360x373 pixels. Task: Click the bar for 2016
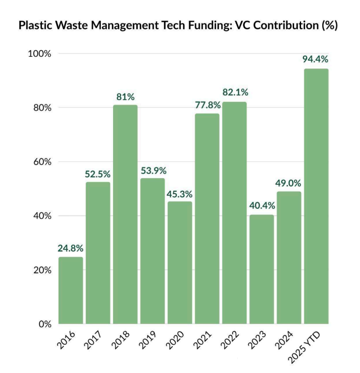pos(71,290)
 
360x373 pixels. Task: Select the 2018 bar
pos(125,214)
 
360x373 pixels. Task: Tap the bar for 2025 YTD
pos(316,196)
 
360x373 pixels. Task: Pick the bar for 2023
pos(262,269)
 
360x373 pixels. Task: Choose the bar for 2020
pos(180,262)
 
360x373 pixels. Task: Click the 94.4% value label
pos(315,59)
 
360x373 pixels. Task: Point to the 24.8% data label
pos(70,249)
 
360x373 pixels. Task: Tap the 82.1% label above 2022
pos(235,92)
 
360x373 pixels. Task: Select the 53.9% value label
pos(153,170)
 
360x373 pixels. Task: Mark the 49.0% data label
pos(289,183)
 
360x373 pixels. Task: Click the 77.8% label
pos(208,105)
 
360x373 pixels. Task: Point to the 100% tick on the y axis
pos(40,54)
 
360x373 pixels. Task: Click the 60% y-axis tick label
pos(42,162)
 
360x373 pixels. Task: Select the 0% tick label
pos(45,324)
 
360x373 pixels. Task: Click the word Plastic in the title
pos(35,26)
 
